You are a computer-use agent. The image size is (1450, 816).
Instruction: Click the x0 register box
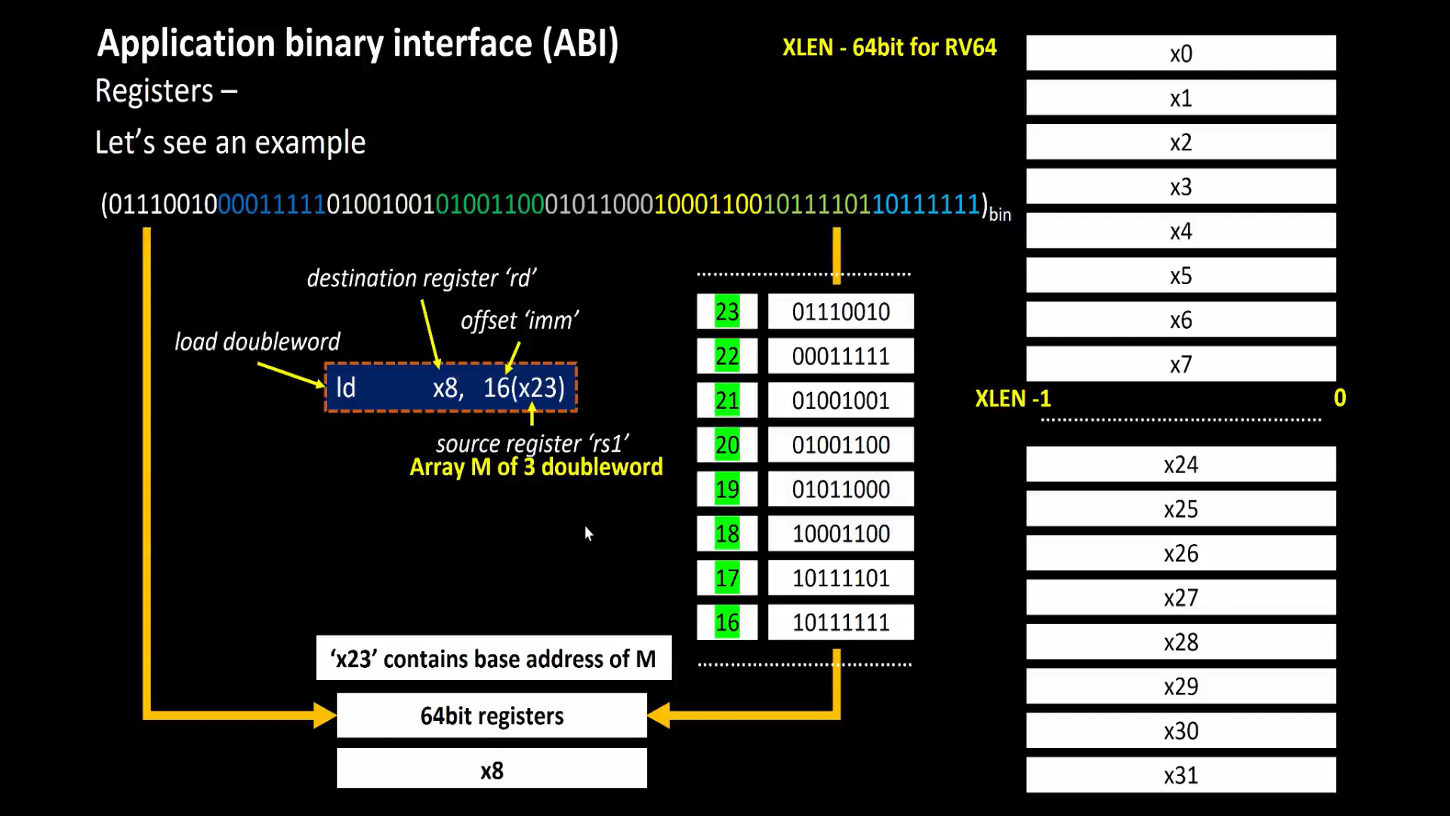point(1180,54)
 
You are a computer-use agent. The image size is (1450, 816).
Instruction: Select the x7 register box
point(1180,364)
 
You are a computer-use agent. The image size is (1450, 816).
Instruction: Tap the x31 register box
point(1180,775)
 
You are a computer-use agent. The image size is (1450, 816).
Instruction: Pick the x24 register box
point(1180,464)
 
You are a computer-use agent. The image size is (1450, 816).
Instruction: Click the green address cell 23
point(727,312)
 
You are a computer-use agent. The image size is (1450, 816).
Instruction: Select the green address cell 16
point(727,623)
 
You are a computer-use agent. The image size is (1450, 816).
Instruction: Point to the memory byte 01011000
point(841,490)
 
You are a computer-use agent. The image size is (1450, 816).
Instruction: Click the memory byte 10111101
point(841,579)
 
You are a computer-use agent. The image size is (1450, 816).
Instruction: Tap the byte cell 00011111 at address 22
point(841,357)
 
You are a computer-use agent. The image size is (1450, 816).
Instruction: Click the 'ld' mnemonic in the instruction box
point(346,388)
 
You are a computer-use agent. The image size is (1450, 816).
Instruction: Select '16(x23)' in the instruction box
point(523,388)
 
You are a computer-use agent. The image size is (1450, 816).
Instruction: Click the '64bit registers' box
point(492,716)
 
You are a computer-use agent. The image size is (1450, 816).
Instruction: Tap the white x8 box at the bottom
point(492,770)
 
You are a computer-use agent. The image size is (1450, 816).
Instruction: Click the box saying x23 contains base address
point(493,659)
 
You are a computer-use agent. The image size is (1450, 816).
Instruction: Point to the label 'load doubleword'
point(257,342)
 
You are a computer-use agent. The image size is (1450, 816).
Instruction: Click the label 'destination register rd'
point(421,278)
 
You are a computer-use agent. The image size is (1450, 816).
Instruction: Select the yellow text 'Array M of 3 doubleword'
point(535,467)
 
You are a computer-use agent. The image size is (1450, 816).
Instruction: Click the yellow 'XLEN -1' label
point(1012,398)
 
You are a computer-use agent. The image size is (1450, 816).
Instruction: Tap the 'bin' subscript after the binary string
point(1000,215)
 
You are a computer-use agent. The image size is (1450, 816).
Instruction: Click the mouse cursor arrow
point(588,533)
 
